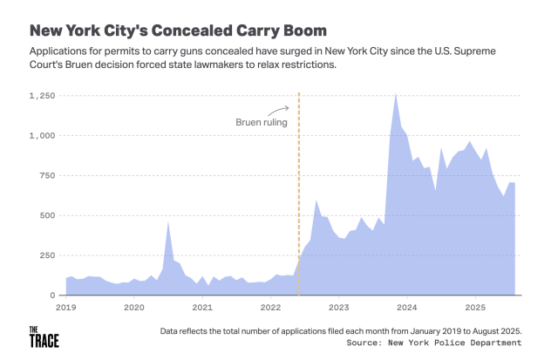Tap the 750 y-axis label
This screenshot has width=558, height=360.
(48, 176)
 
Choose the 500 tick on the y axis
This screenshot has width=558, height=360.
(48, 215)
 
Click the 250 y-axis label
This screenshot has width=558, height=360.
(48, 255)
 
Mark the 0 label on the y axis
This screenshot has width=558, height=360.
(54, 295)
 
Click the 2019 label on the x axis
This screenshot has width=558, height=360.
(66, 308)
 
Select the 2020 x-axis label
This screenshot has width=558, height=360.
(134, 308)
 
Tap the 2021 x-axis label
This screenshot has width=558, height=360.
(202, 308)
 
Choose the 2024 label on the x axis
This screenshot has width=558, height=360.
(406, 308)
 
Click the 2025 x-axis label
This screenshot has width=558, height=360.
(474, 308)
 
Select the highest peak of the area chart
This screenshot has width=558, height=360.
(397, 94)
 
